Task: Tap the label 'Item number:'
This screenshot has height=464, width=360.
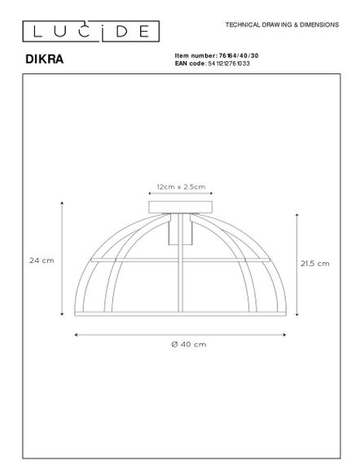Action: coord(195,55)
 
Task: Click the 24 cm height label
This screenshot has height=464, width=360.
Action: coord(42,260)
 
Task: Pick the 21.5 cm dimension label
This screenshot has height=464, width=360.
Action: coord(314,264)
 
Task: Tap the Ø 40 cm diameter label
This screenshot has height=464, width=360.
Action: coord(178,345)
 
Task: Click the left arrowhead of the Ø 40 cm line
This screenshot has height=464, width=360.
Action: coord(76,335)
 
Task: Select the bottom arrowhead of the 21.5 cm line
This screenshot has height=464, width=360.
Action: coord(296,315)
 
